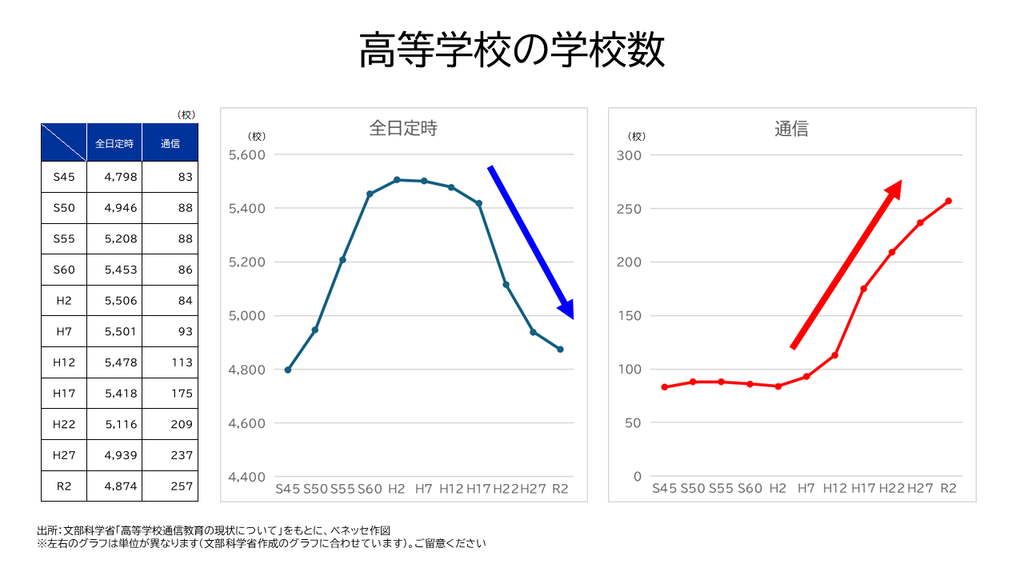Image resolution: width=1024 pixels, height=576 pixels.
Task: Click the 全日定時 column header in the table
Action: (114, 144)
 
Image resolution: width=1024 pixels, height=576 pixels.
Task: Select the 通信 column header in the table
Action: (170, 144)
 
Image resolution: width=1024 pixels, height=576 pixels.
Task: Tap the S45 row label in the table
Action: (64, 177)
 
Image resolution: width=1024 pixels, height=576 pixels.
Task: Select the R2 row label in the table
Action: (64, 486)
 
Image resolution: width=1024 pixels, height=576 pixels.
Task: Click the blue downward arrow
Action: (530, 241)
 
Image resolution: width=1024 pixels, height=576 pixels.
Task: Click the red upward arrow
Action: (846, 264)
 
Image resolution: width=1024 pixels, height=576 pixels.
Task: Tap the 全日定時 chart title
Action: (403, 128)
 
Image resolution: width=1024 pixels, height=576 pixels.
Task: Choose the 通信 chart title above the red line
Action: (791, 129)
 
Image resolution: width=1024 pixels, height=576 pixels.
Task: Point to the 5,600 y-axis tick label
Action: (246, 155)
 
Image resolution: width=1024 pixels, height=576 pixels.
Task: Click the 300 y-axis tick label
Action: (630, 155)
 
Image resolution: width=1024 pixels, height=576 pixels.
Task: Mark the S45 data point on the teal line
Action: (288, 370)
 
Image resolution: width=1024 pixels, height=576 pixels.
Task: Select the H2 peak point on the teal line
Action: (397, 180)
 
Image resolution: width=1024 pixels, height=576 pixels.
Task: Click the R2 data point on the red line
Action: (948, 201)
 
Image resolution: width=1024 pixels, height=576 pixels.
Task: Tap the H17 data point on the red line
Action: (863, 289)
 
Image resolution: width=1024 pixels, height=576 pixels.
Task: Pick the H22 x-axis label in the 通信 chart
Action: (891, 489)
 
